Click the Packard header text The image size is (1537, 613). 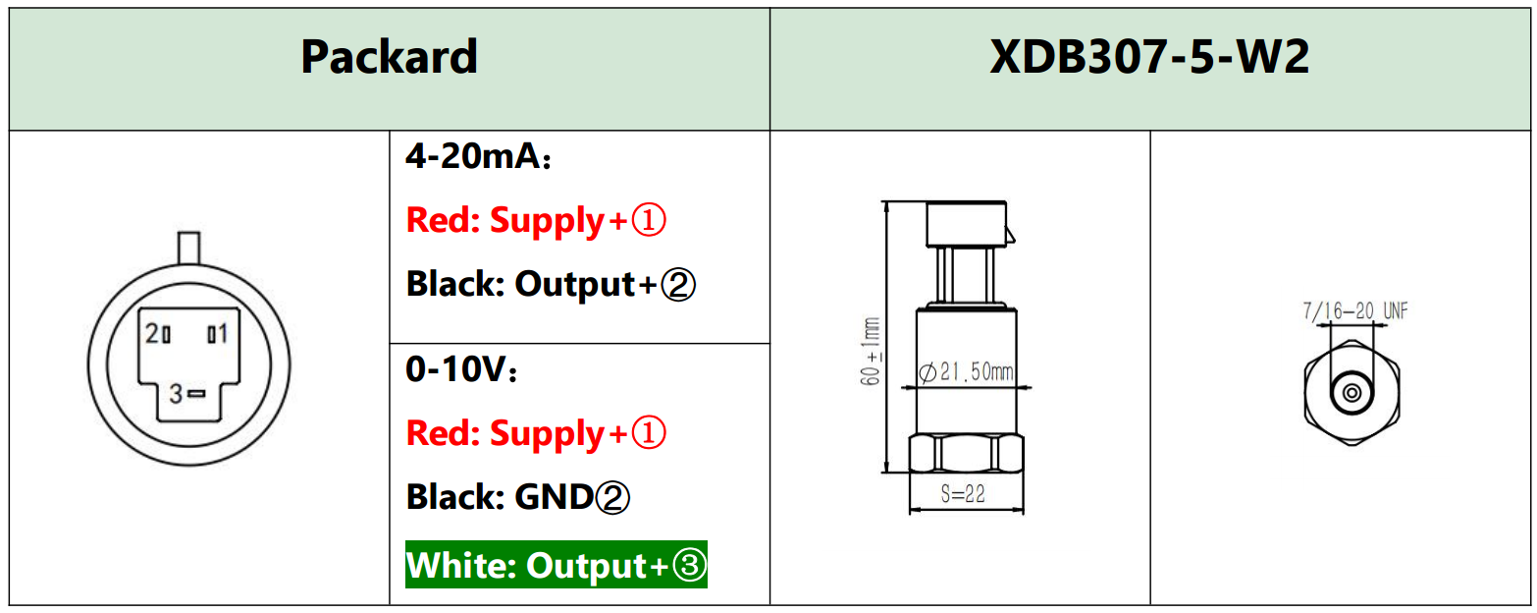[389, 57]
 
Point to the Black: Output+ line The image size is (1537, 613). [551, 285]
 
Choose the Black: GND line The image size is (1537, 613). [517, 497]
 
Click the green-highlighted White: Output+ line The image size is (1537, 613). [556, 565]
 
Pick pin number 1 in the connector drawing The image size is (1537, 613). [217, 334]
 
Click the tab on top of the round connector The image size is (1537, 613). [188, 246]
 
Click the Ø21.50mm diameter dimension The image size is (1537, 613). [966, 373]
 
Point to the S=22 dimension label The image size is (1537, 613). [962, 495]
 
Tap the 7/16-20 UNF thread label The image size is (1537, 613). [1354, 311]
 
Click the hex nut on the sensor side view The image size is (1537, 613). [967, 453]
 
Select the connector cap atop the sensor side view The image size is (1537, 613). [967, 223]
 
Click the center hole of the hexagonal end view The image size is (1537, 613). [1351, 394]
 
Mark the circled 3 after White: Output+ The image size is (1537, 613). [690, 566]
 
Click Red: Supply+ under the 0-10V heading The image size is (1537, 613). [536, 433]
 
